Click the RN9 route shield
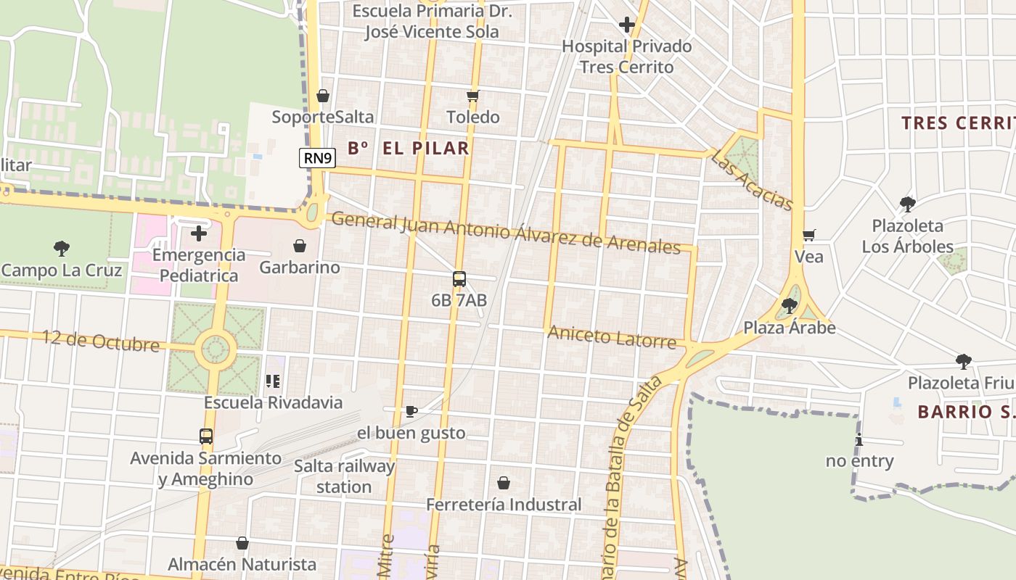tap(318, 158)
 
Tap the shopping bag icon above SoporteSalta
tap(323, 96)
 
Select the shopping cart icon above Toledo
tap(473, 96)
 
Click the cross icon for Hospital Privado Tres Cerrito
tap(627, 25)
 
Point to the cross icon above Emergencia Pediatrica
tap(199, 233)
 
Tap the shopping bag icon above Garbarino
tap(300, 246)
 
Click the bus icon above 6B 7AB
tap(459, 279)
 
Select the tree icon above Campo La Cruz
tap(62, 249)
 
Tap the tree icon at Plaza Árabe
tap(790, 306)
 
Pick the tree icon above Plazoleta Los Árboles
tap(907, 204)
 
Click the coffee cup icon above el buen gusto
tap(411, 412)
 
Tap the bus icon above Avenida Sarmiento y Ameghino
tap(206, 436)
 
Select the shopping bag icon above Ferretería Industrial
tap(504, 483)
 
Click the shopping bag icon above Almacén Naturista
tap(242, 543)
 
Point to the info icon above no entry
tap(859, 439)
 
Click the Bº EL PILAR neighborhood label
tap(409, 149)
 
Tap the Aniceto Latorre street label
tap(612, 336)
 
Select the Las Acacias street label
tap(752, 180)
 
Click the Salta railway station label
tap(345, 476)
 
